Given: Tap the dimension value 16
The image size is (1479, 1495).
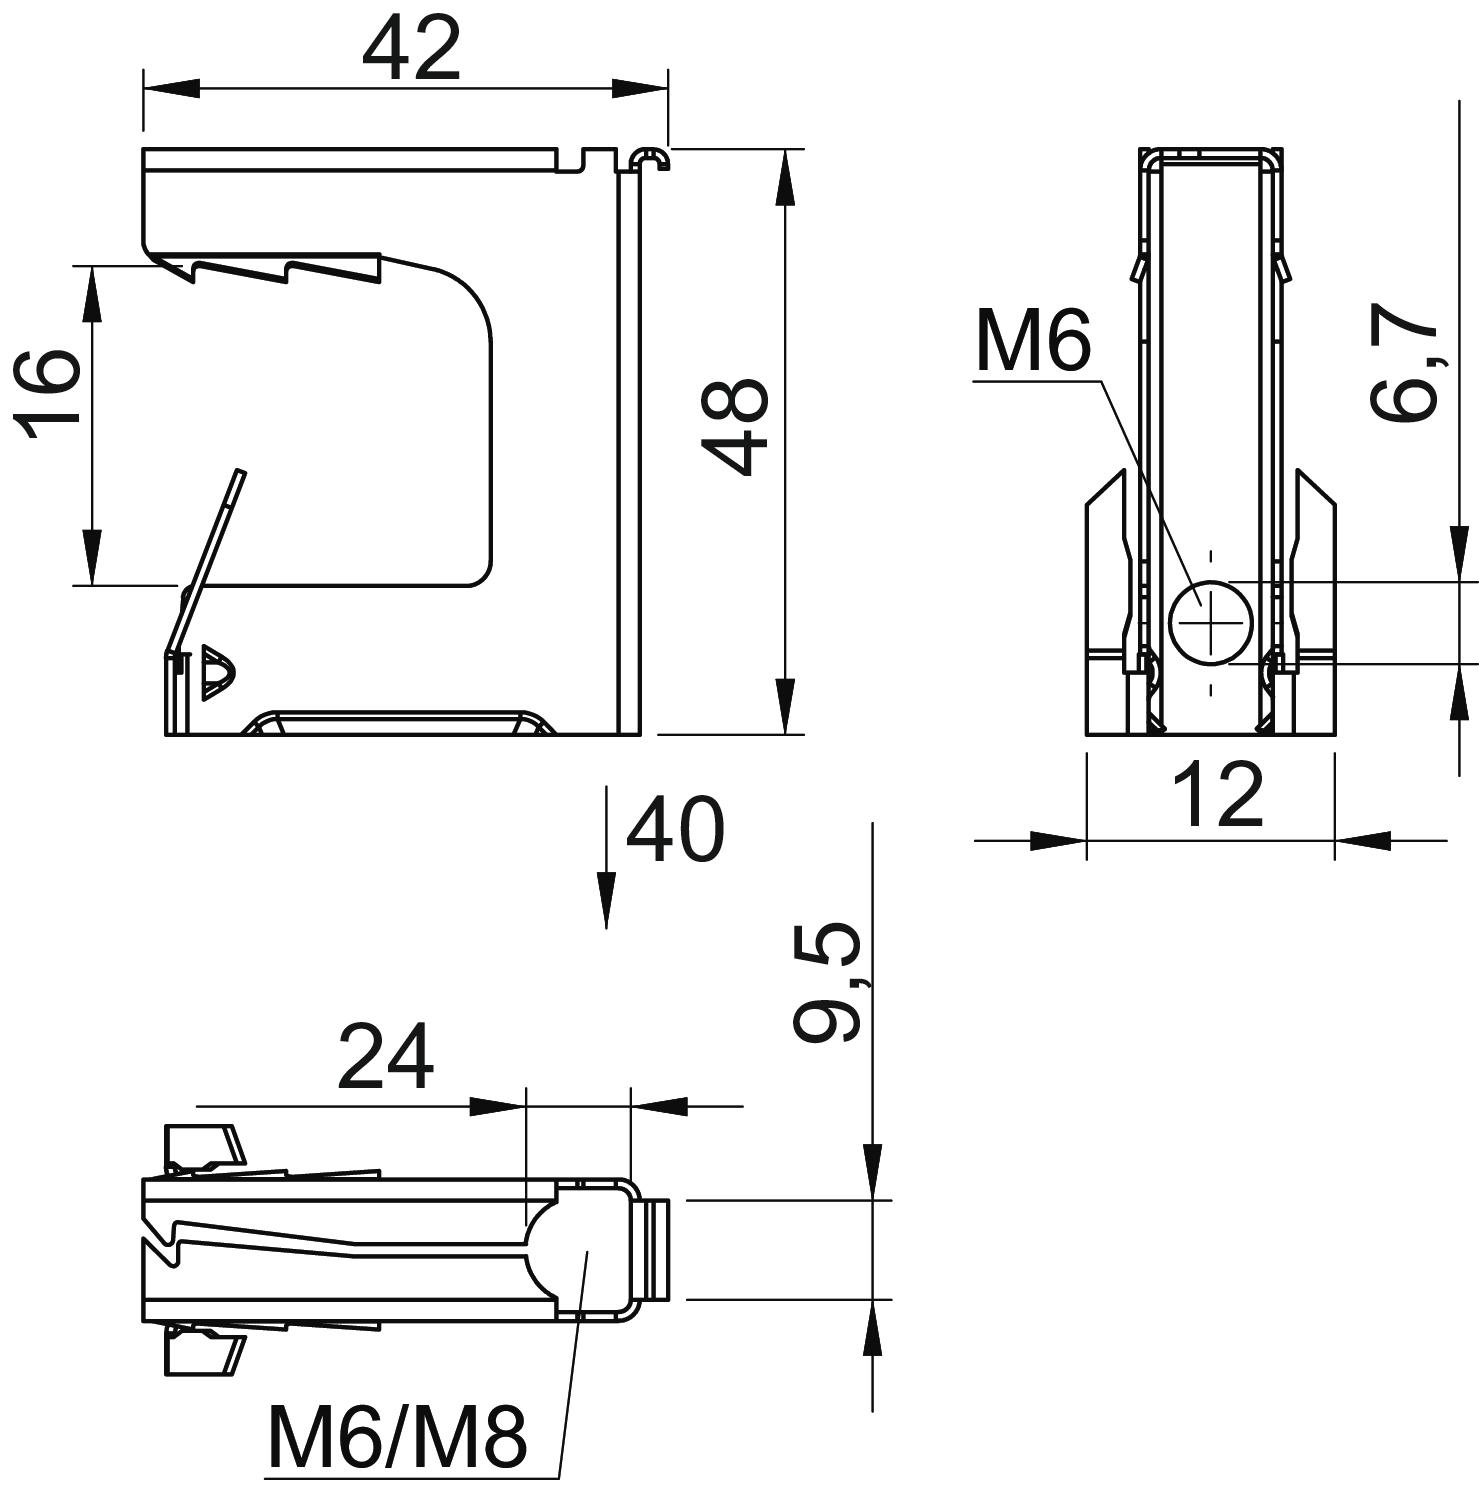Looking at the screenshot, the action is (47, 393).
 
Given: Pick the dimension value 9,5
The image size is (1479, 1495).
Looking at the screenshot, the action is (828, 983).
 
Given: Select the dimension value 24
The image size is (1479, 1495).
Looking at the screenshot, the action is (386, 1056).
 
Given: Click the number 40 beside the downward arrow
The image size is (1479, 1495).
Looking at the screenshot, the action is (674, 829).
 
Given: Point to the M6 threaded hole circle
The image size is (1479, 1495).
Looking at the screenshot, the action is (1211, 622).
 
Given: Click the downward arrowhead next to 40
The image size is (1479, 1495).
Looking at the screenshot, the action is (606, 900).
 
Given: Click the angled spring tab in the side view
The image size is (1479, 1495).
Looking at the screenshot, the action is (204, 561).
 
